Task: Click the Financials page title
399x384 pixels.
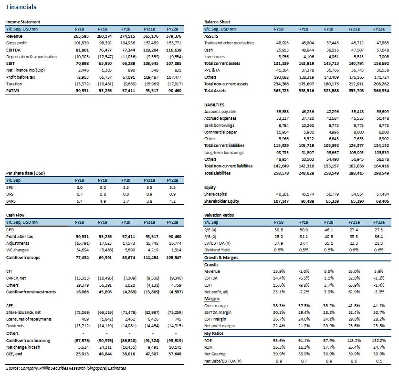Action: tap(21, 7)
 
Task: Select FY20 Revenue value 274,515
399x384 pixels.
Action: tap(127, 36)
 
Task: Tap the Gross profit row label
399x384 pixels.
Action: tap(16, 43)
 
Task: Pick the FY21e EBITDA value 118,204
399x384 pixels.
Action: tap(151, 50)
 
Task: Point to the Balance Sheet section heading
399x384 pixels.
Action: tap(217, 22)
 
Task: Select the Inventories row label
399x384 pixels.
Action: tap(214, 57)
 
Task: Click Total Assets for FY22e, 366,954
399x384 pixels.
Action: tap(381, 91)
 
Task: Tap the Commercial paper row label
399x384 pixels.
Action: tap(220, 132)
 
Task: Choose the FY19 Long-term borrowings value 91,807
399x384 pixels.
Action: tap(308, 153)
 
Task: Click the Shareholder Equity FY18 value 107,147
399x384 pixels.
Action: tap(281, 201)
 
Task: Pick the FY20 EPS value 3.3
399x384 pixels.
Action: tap(126, 187)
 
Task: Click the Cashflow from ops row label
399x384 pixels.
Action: tap(23, 258)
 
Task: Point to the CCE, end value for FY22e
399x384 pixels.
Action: tap(175, 354)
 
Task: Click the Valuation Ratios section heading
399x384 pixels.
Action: tap(219, 215)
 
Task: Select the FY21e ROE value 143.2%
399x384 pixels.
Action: tap(354, 340)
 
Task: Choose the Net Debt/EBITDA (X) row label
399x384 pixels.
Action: tap(223, 361)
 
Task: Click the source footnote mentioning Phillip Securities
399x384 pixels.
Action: tap(66, 368)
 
